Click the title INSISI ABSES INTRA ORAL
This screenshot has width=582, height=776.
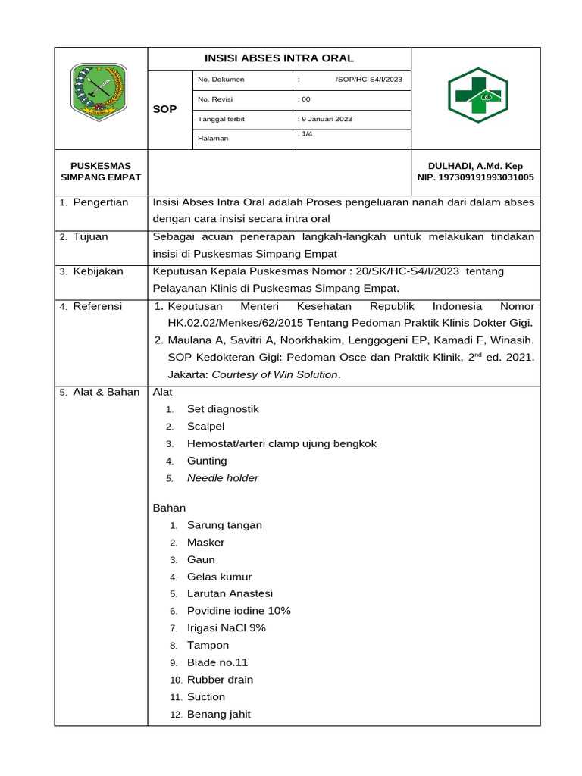279,58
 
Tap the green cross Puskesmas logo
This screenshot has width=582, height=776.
476,95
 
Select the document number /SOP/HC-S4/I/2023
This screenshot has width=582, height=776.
368,80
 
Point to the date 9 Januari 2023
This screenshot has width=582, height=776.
326,119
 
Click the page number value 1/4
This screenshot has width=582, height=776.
306,134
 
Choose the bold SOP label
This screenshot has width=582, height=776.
164,109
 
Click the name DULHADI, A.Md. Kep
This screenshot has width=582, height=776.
475,166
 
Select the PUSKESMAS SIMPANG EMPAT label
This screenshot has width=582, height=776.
101,171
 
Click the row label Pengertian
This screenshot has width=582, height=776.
100,202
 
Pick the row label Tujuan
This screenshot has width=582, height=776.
90,237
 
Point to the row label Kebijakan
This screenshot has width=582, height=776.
98,271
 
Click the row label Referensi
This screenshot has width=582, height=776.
97,306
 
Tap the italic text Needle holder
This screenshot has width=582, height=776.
223,478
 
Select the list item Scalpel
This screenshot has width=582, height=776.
206,426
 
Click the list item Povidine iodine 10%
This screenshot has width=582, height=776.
239,611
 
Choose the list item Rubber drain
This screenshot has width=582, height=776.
220,680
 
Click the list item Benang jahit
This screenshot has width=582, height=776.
219,714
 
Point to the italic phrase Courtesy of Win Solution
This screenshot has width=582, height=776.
275,374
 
